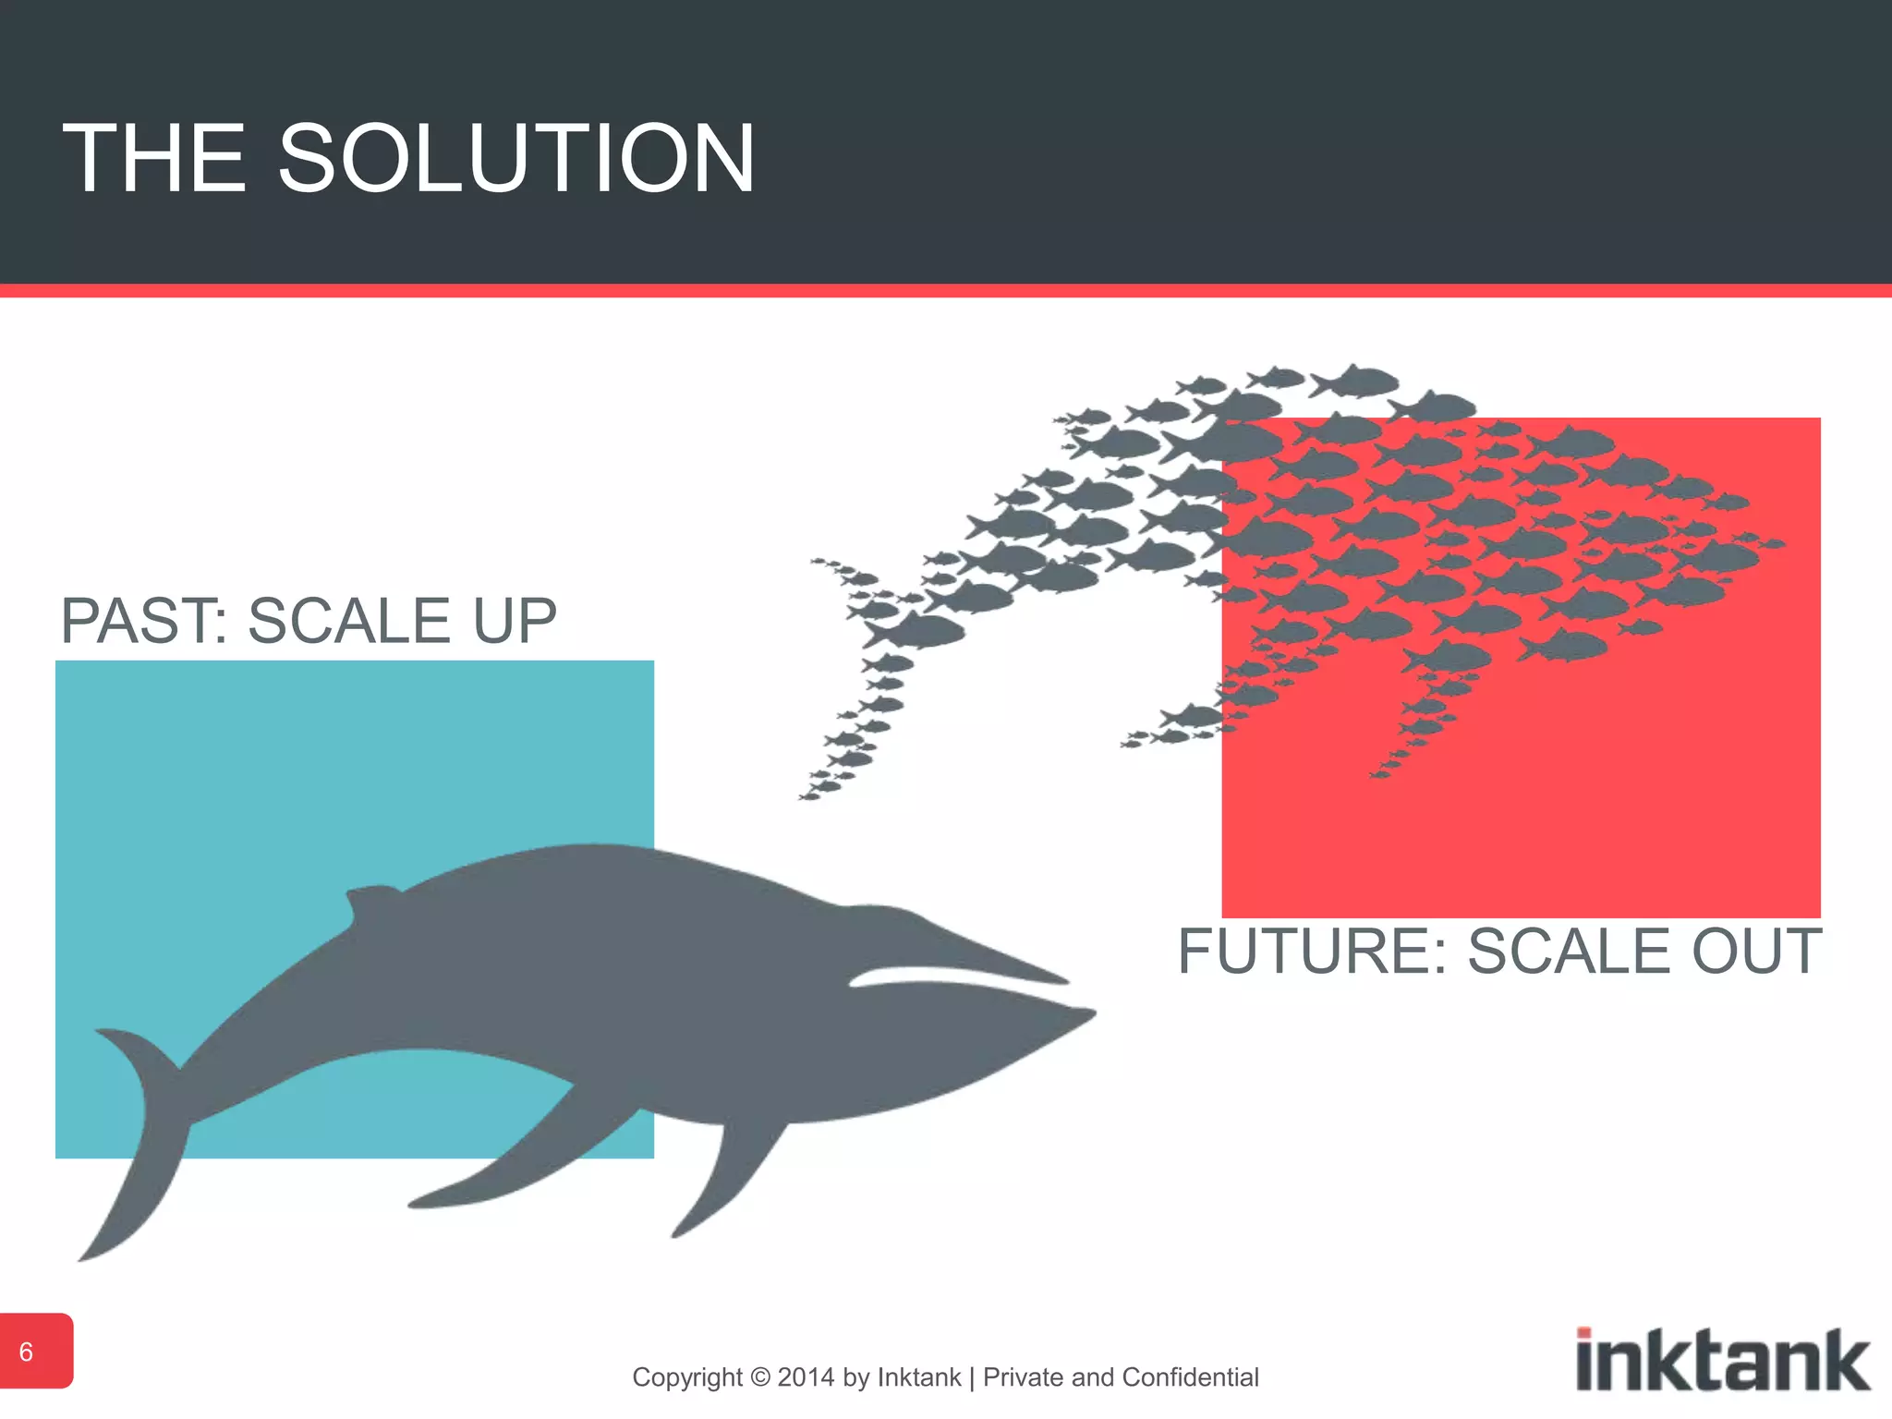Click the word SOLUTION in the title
click(x=516, y=159)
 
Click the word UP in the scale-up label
click(x=515, y=621)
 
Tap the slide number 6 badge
click(x=28, y=1352)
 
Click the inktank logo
click(x=1722, y=1360)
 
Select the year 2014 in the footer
click(x=807, y=1377)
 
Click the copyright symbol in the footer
click(x=760, y=1377)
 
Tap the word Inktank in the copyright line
click(x=919, y=1377)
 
